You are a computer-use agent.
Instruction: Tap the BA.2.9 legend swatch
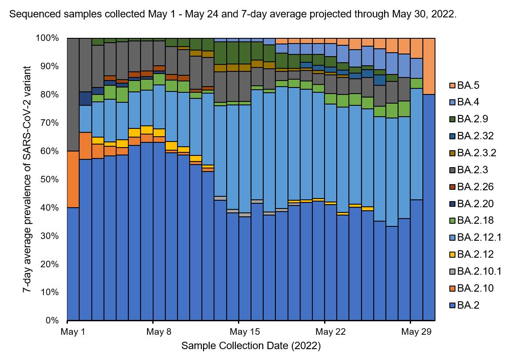[453, 119]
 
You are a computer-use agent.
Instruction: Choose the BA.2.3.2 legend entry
[472, 153]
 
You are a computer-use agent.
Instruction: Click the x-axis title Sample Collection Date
[251, 346]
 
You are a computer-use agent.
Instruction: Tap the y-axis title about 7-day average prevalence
[28, 179]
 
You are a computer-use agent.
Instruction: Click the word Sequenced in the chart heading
[28, 14]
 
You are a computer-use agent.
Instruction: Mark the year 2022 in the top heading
[444, 14]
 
